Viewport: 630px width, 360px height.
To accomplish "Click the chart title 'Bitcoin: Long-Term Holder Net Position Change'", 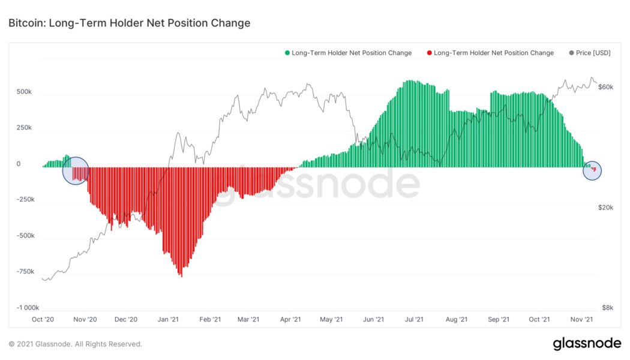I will point(129,23).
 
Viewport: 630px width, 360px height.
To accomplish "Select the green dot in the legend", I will point(287,53).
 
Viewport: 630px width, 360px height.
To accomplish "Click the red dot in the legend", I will point(429,53).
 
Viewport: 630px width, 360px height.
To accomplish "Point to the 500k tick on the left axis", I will point(25,92).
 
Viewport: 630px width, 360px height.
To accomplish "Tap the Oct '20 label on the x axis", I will point(44,320).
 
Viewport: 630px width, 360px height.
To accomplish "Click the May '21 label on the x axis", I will point(331,320).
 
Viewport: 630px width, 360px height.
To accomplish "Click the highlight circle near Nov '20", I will point(76,171).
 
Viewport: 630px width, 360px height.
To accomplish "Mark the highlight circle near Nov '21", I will point(592,171).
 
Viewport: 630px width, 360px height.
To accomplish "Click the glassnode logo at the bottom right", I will point(587,344).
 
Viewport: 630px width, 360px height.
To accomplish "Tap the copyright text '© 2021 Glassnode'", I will point(75,344).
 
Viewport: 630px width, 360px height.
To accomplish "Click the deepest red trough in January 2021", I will point(181,275).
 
